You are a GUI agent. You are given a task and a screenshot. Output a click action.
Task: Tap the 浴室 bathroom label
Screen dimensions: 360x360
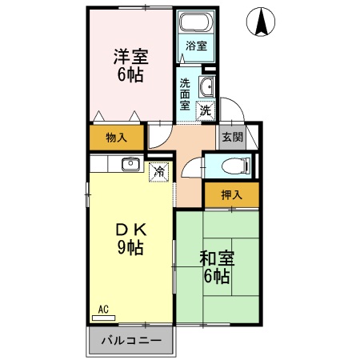195,46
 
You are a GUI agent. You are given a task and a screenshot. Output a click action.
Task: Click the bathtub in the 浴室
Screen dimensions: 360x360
195,23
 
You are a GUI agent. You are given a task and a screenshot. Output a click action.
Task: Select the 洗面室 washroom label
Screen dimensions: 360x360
185,93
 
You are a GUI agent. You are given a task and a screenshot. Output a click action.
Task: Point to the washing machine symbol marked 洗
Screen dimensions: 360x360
205,110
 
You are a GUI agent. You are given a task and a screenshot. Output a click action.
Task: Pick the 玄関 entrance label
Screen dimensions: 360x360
232,137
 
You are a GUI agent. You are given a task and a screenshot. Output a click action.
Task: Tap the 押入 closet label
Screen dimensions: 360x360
230,194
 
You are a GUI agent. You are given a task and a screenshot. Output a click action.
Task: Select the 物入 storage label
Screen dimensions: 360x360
117,138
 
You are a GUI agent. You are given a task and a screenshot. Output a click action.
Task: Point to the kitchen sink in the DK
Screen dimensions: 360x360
130,165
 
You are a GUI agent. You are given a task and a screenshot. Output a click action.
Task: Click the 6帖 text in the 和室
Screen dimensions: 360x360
215,277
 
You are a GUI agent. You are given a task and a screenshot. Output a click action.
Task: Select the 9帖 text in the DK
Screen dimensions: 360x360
129,247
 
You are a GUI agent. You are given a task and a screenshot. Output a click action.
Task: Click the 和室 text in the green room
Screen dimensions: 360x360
215,258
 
